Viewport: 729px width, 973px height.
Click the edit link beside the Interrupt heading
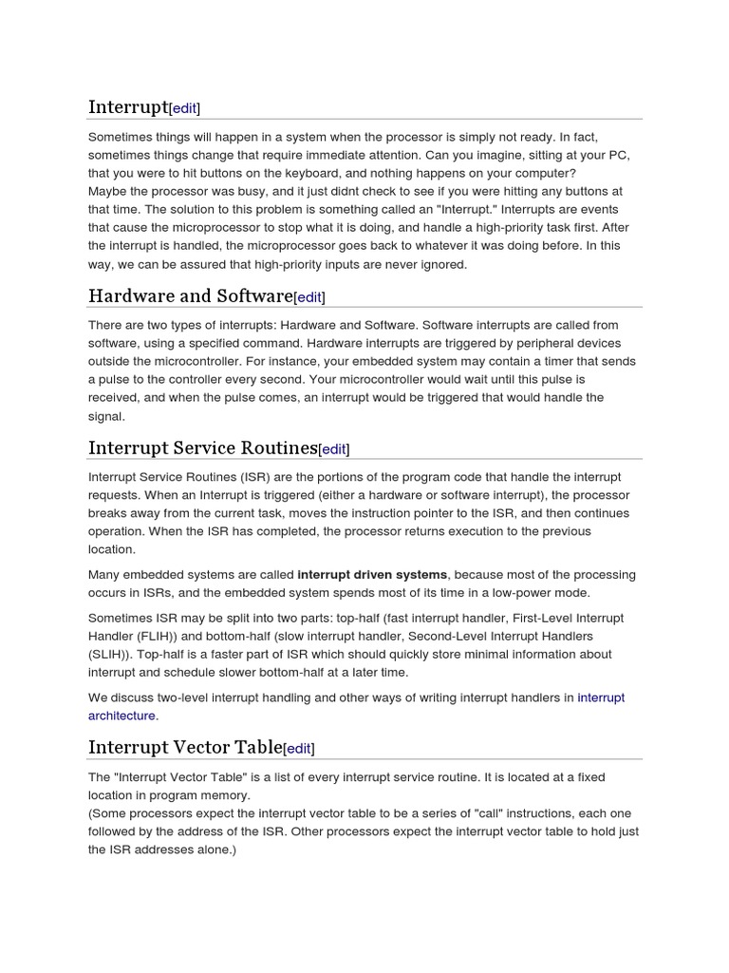(185, 108)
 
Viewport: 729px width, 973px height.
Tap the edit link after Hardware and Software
(309, 297)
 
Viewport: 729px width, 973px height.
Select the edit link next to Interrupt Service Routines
(334, 449)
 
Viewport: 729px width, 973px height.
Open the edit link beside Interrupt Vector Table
(299, 749)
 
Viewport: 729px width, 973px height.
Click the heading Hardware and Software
(190, 296)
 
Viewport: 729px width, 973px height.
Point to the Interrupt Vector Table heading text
(185, 747)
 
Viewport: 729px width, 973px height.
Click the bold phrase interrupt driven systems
(372, 575)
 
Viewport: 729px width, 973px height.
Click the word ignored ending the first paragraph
(444, 264)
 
